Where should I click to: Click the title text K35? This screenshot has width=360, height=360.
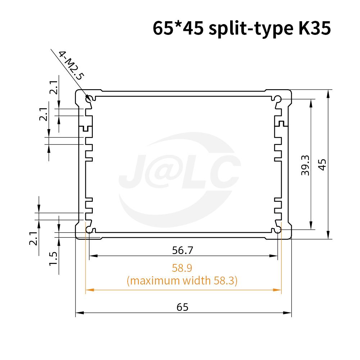[315, 28]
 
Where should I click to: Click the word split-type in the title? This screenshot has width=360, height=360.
[251, 29]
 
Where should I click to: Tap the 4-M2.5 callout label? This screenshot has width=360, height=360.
[71, 65]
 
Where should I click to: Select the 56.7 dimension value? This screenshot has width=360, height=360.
[183, 250]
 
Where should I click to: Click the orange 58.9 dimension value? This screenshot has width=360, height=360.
[182, 268]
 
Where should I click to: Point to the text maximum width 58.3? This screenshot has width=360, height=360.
[182, 281]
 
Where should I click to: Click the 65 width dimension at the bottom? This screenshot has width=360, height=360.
[183, 307]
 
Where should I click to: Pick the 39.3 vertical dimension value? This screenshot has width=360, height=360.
[305, 165]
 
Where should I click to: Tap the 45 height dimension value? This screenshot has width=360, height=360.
[322, 165]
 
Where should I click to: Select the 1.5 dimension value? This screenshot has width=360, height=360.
[53, 259]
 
